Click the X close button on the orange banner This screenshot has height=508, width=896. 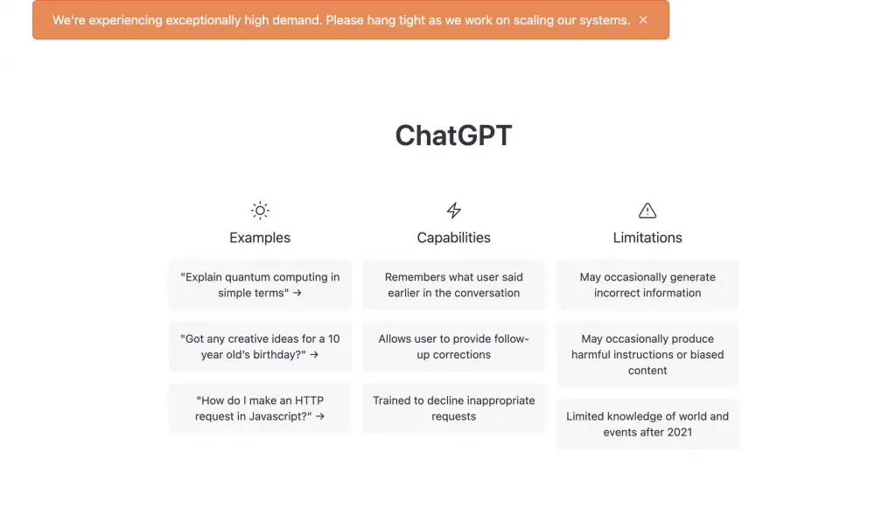643,20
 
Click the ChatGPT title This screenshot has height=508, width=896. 454,136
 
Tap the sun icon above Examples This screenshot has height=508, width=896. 260,211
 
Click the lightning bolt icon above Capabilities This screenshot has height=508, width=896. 454,211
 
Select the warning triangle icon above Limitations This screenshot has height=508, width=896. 647,211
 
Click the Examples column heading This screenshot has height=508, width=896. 260,238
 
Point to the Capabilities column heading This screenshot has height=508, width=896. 454,238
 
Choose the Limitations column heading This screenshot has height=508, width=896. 647,238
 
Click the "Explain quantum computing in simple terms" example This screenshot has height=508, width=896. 260,285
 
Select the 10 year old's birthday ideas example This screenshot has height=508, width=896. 260,346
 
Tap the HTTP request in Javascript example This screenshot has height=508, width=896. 260,408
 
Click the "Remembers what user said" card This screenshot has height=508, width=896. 454,285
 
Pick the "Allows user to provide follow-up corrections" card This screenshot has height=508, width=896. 454,346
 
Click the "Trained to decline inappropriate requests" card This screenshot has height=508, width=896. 454,408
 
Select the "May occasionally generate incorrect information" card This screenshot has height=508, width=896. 647,285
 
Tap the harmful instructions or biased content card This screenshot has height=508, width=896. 647,354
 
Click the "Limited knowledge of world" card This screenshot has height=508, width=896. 647,424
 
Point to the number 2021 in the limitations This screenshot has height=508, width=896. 679,432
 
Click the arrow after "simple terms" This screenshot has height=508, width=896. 297,293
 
